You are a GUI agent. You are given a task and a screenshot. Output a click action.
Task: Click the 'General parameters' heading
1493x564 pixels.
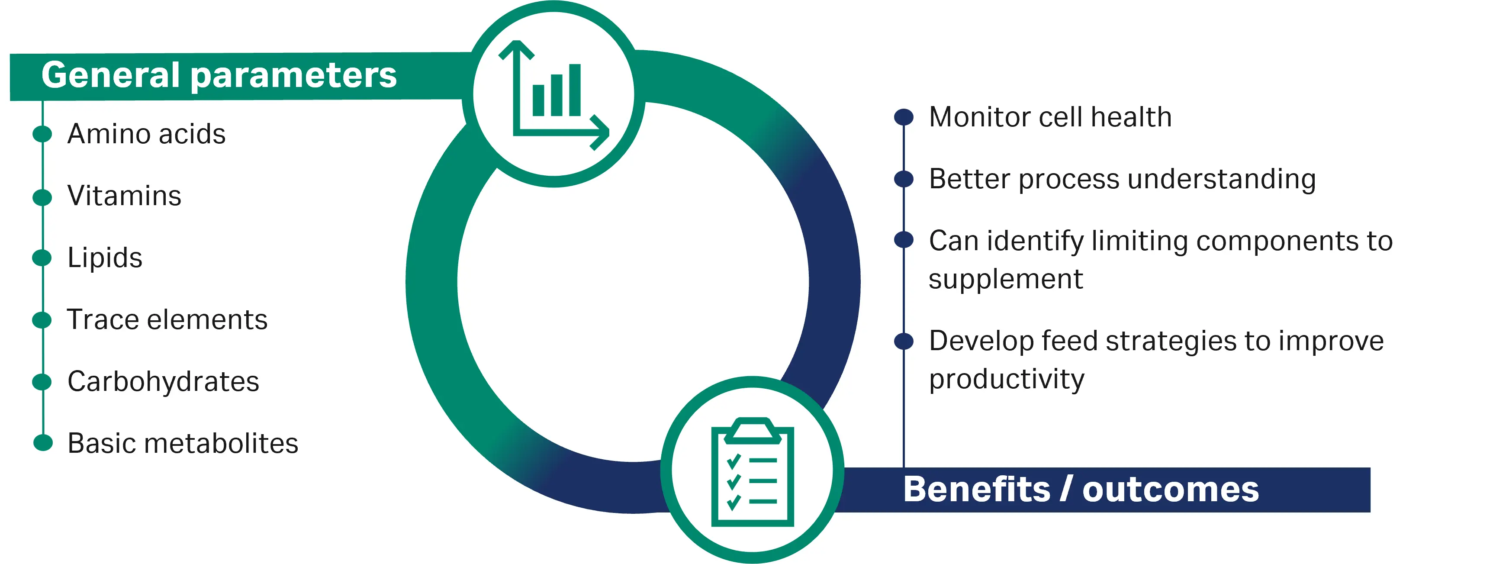[x=219, y=75]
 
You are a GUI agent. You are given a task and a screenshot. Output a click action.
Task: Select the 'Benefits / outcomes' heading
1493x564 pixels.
[x=1081, y=489]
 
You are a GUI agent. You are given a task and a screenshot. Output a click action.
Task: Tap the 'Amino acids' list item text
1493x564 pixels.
[x=147, y=134]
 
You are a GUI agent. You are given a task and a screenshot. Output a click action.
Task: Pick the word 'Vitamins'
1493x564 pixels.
[x=125, y=195]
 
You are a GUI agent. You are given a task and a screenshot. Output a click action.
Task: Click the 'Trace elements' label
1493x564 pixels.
[x=167, y=319]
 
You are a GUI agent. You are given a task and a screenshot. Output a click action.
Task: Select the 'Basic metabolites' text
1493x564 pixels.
[x=183, y=443]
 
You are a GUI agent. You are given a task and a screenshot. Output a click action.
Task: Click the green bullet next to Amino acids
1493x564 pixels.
[x=42, y=133]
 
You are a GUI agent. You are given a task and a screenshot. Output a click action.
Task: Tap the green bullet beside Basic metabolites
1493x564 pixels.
[x=43, y=443]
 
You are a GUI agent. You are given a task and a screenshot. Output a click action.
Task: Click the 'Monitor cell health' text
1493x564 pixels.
[x=1050, y=117]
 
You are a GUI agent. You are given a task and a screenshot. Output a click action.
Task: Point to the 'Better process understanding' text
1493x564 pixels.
[x=1123, y=180]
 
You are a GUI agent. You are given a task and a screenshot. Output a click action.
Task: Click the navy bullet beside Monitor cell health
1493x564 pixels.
[x=904, y=117]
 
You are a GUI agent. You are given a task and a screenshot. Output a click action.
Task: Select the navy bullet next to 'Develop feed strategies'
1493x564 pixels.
[x=904, y=341]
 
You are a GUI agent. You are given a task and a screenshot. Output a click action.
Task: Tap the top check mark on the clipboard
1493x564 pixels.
[x=734, y=461]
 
